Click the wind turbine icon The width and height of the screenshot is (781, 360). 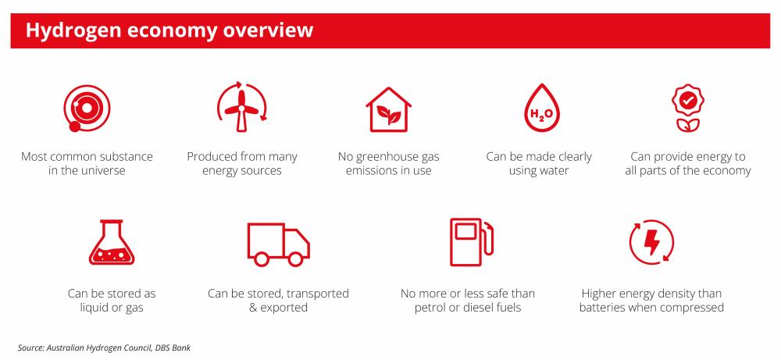pos(241,106)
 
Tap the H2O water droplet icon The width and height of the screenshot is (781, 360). pos(541,108)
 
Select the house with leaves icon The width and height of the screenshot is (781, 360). pos(388,109)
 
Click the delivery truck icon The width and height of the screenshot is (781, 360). pos(279,244)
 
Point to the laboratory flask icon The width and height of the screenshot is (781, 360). pos(112,242)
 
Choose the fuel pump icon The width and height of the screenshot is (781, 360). pos(472,242)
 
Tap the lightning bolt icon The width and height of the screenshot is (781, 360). pos(651,243)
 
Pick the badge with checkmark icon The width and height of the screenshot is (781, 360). pos(687,108)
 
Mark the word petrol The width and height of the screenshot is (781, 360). pos(430,308)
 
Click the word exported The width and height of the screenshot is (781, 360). pos(284,308)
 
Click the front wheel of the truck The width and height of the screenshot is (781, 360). pos(295,259)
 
